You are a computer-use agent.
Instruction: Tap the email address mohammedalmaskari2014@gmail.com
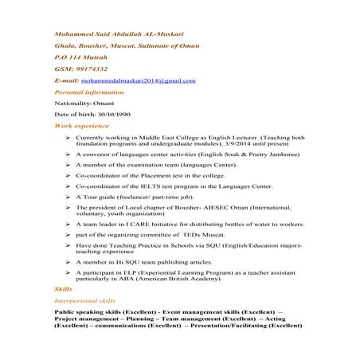(x=136, y=81)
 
